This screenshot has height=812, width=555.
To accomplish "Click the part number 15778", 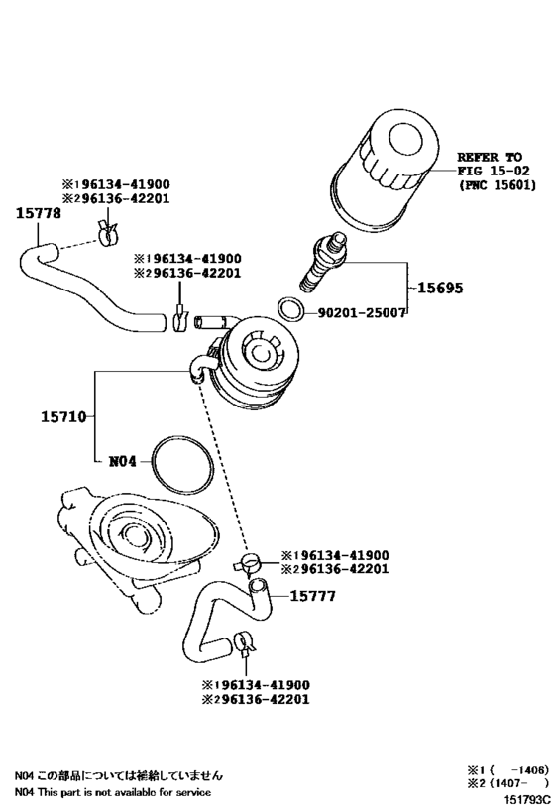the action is (38, 213).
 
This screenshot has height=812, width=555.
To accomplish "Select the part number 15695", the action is (440, 288).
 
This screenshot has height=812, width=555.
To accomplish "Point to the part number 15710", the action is (63, 416).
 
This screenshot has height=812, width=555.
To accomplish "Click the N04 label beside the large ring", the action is (123, 461).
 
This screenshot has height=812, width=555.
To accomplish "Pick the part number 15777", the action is (313, 596).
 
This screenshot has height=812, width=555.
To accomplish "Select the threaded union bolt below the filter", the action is (322, 262).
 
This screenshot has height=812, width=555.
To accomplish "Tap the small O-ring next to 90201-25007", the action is (290, 309).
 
